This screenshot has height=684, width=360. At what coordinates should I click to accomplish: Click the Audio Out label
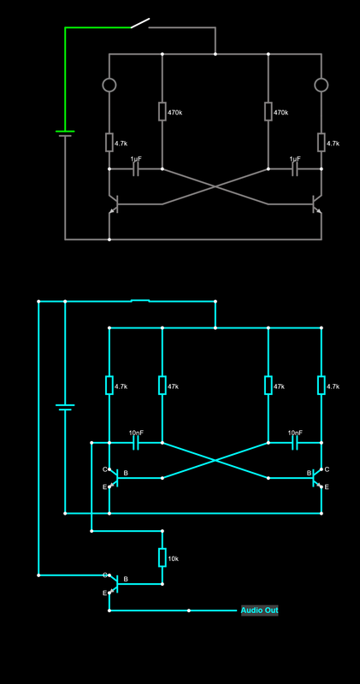pyautogui.click(x=259, y=610)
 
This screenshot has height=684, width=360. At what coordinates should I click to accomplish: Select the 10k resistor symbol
pyautogui.click(x=162, y=557)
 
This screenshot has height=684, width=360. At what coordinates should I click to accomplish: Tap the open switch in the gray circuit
pyautogui.click(x=140, y=23)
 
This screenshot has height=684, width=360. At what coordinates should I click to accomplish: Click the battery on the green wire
pyautogui.click(x=65, y=133)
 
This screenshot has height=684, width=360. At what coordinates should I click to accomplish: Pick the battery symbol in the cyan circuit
pyautogui.click(x=65, y=407)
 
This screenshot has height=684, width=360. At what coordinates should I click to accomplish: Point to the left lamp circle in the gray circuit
pyautogui.click(x=109, y=85)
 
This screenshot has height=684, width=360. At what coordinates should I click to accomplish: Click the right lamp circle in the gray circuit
pyautogui.click(x=322, y=85)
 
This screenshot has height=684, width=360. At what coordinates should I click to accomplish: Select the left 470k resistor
pyautogui.click(x=162, y=112)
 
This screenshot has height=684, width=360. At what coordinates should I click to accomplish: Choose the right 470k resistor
pyautogui.click(x=269, y=112)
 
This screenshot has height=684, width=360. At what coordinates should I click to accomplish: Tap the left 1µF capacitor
pyautogui.click(x=136, y=169)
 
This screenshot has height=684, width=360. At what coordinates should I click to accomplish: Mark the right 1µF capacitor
pyautogui.click(x=295, y=169)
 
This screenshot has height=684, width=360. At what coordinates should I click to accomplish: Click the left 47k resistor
pyautogui.click(x=162, y=386)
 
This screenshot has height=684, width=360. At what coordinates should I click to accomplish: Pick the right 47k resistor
pyautogui.click(x=269, y=386)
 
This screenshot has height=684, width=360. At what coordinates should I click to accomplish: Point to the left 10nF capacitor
pyautogui.click(x=136, y=443)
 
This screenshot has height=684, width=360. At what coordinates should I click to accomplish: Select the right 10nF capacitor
pyautogui.click(x=295, y=443)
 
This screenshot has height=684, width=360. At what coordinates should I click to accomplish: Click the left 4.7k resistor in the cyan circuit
pyautogui.click(x=109, y=386)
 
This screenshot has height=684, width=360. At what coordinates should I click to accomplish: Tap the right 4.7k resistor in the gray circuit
pyautogui.click(x=322, y=143)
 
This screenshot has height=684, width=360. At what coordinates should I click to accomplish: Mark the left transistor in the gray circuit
pyautogui.click(x=113, y=204)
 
